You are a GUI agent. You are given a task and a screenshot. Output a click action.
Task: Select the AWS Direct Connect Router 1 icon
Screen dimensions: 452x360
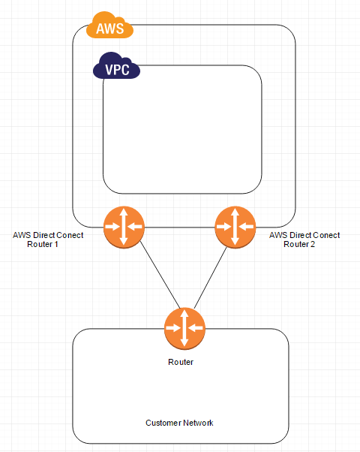[124, 225]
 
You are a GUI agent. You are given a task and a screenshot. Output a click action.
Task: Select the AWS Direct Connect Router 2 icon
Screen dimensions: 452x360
[235, 225]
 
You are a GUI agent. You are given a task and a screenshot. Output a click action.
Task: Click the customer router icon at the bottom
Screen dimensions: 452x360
[184, 329]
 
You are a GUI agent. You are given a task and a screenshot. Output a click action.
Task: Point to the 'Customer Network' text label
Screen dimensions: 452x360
[179, 423]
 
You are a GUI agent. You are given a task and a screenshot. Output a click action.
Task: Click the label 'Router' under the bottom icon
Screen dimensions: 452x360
[181, 362]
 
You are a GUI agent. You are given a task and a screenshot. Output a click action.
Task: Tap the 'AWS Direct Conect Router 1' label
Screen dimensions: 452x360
[49, 240]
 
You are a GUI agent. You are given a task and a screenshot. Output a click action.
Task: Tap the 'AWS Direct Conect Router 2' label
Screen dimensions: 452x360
[304, 240]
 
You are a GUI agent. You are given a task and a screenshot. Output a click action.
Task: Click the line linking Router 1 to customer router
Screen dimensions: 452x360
[154, 277]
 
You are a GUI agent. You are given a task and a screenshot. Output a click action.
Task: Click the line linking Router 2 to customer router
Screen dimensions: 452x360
[210, 277]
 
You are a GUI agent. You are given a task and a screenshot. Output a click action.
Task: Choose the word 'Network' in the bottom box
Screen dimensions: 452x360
[198, 423]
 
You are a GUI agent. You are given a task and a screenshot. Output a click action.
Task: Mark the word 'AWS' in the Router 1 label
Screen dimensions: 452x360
[22, 235]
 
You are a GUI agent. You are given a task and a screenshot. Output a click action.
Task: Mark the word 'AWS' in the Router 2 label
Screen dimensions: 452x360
[277, 235]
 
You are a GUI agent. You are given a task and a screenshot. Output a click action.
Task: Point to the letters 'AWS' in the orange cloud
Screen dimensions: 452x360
[110, 29]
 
